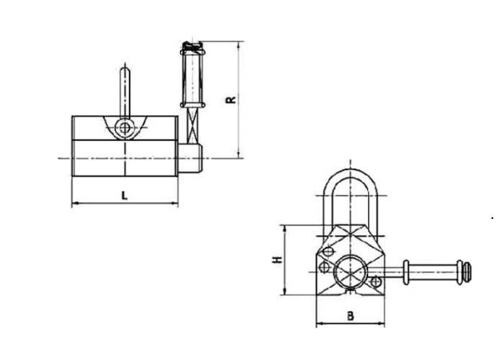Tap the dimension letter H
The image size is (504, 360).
[276, 259]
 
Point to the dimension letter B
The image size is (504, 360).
[350, 315]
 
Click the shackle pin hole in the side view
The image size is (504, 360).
[126, 130]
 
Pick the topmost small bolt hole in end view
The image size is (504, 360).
[328, 251]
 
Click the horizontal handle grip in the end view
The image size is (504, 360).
[431, 271]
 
